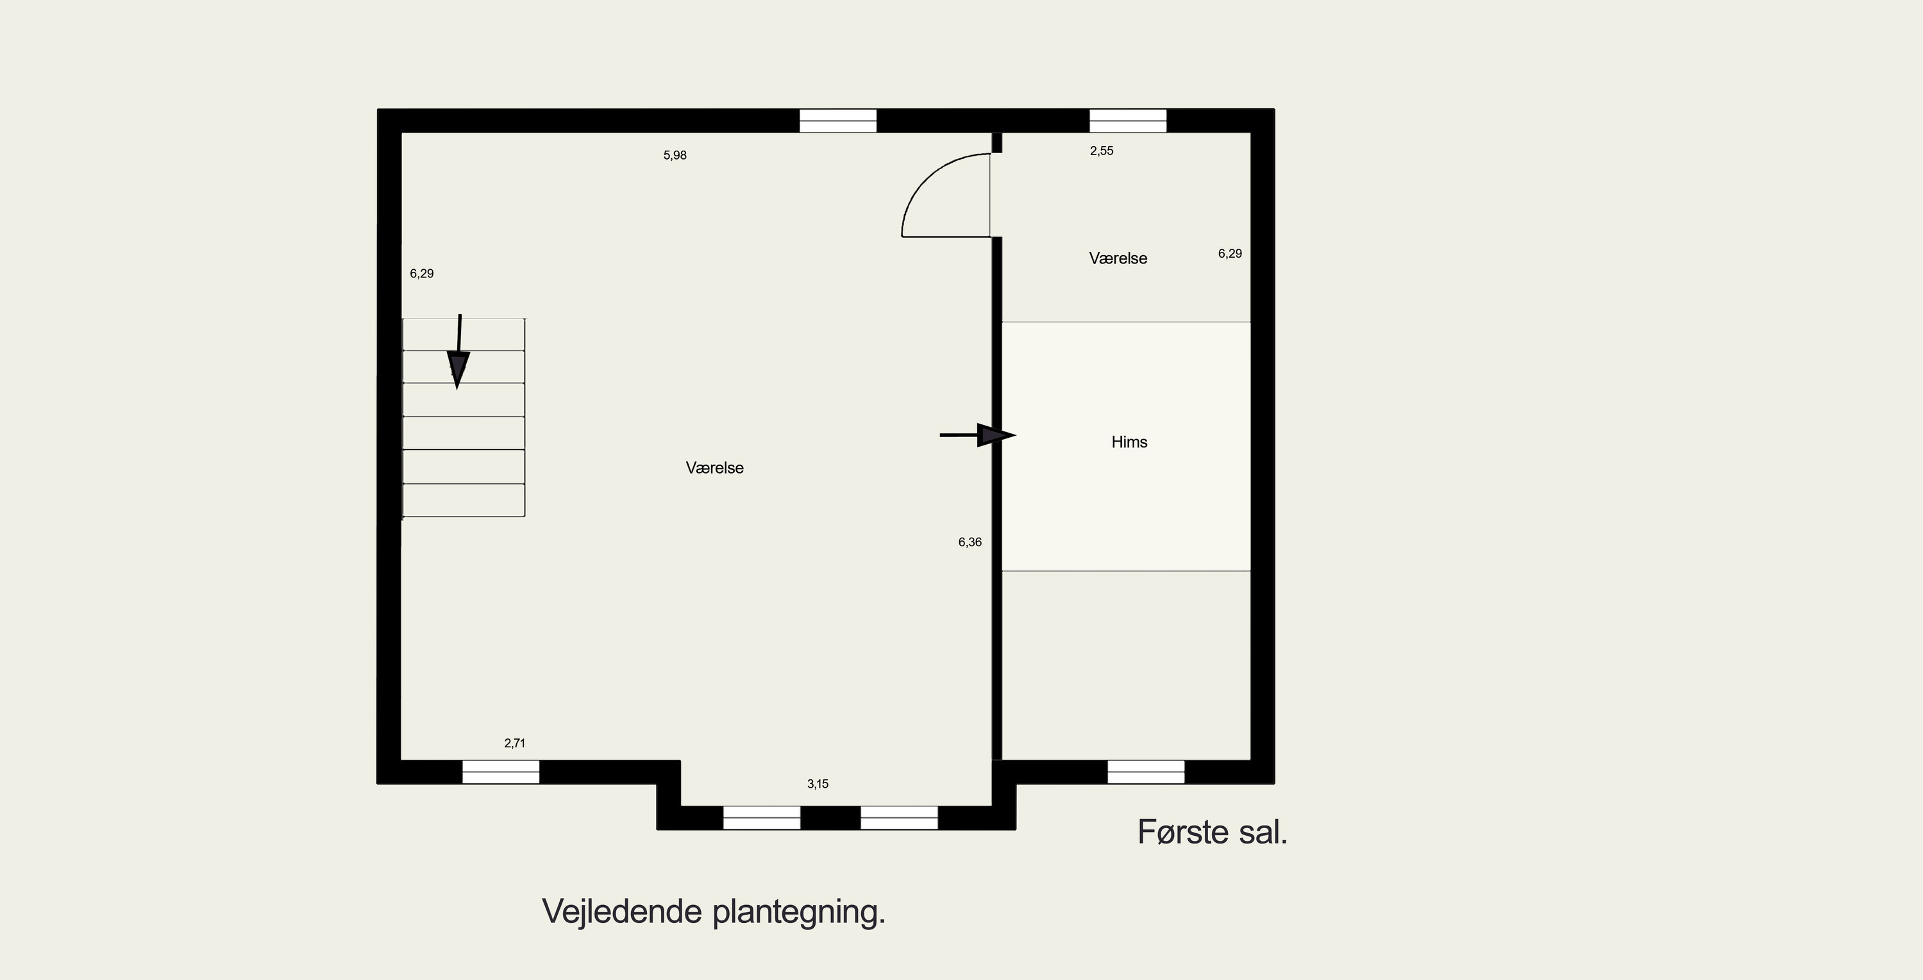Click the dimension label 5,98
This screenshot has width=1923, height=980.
(675, 155)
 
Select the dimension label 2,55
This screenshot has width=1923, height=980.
(1101, 151)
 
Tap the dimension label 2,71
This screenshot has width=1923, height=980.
(514, 743)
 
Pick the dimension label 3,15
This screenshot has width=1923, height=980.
(818, 784)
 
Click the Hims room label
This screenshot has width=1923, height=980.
(1129, 442)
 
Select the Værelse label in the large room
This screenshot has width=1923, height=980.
(714, 468)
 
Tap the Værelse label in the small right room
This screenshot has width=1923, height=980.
(1118, 258)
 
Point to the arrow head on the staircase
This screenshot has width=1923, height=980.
(458, 369)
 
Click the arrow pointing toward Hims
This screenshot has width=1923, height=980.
(978, 435)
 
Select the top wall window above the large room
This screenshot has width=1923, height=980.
(837, 121)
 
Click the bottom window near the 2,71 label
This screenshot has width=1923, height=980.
(500, 772)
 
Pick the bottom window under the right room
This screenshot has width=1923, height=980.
(1145, 772)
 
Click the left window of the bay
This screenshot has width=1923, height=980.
(761, 818)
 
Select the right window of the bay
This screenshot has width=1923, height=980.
(899, 818)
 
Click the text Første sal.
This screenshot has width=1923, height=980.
(1213, 832)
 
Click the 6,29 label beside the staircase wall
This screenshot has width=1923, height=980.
(422, 273)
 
